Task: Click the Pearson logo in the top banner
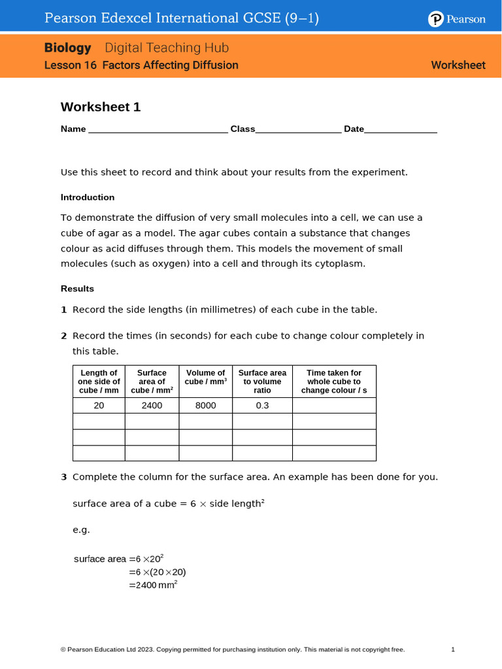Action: pyautogui.click(x=457, y=19)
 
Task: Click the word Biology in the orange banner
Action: pyautogui.click(x=68, y=48)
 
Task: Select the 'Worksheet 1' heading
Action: pyautogui.click(x=101, y=107)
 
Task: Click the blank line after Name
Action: pyautogui.click(x=158, y=129)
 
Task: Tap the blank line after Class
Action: pyautogui.click(x=298, y=129)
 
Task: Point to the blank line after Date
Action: pyautogui.click(x=401, y=129)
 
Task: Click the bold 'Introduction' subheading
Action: pyautogui.click(x=88, y=197)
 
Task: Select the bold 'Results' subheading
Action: pyautogui.click(x=77, y=289)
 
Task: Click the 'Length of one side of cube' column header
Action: pyautogui.click(x=99, y=382)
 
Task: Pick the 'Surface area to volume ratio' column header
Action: pyautogui.click(x=262, y=382)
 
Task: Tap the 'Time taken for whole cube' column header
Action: pyautogui.click(x=334, y=382)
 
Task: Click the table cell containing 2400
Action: pyautogui.click(x=152, y=406)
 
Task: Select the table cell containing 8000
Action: pyautogui.click(x=205, y=406)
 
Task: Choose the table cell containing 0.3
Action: pyautogui.click(x=262, y=406)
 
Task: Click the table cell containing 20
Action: pyautogui.click(x=99, y=406)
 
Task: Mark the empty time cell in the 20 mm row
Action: pyautogui.click(x=334, y=406)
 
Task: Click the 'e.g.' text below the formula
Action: pyautogui.click(x=81, y=530)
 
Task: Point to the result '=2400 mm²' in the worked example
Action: pyautogui.click(x=154, y=585)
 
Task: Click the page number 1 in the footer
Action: pyautogui.click(x=453, y=649)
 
